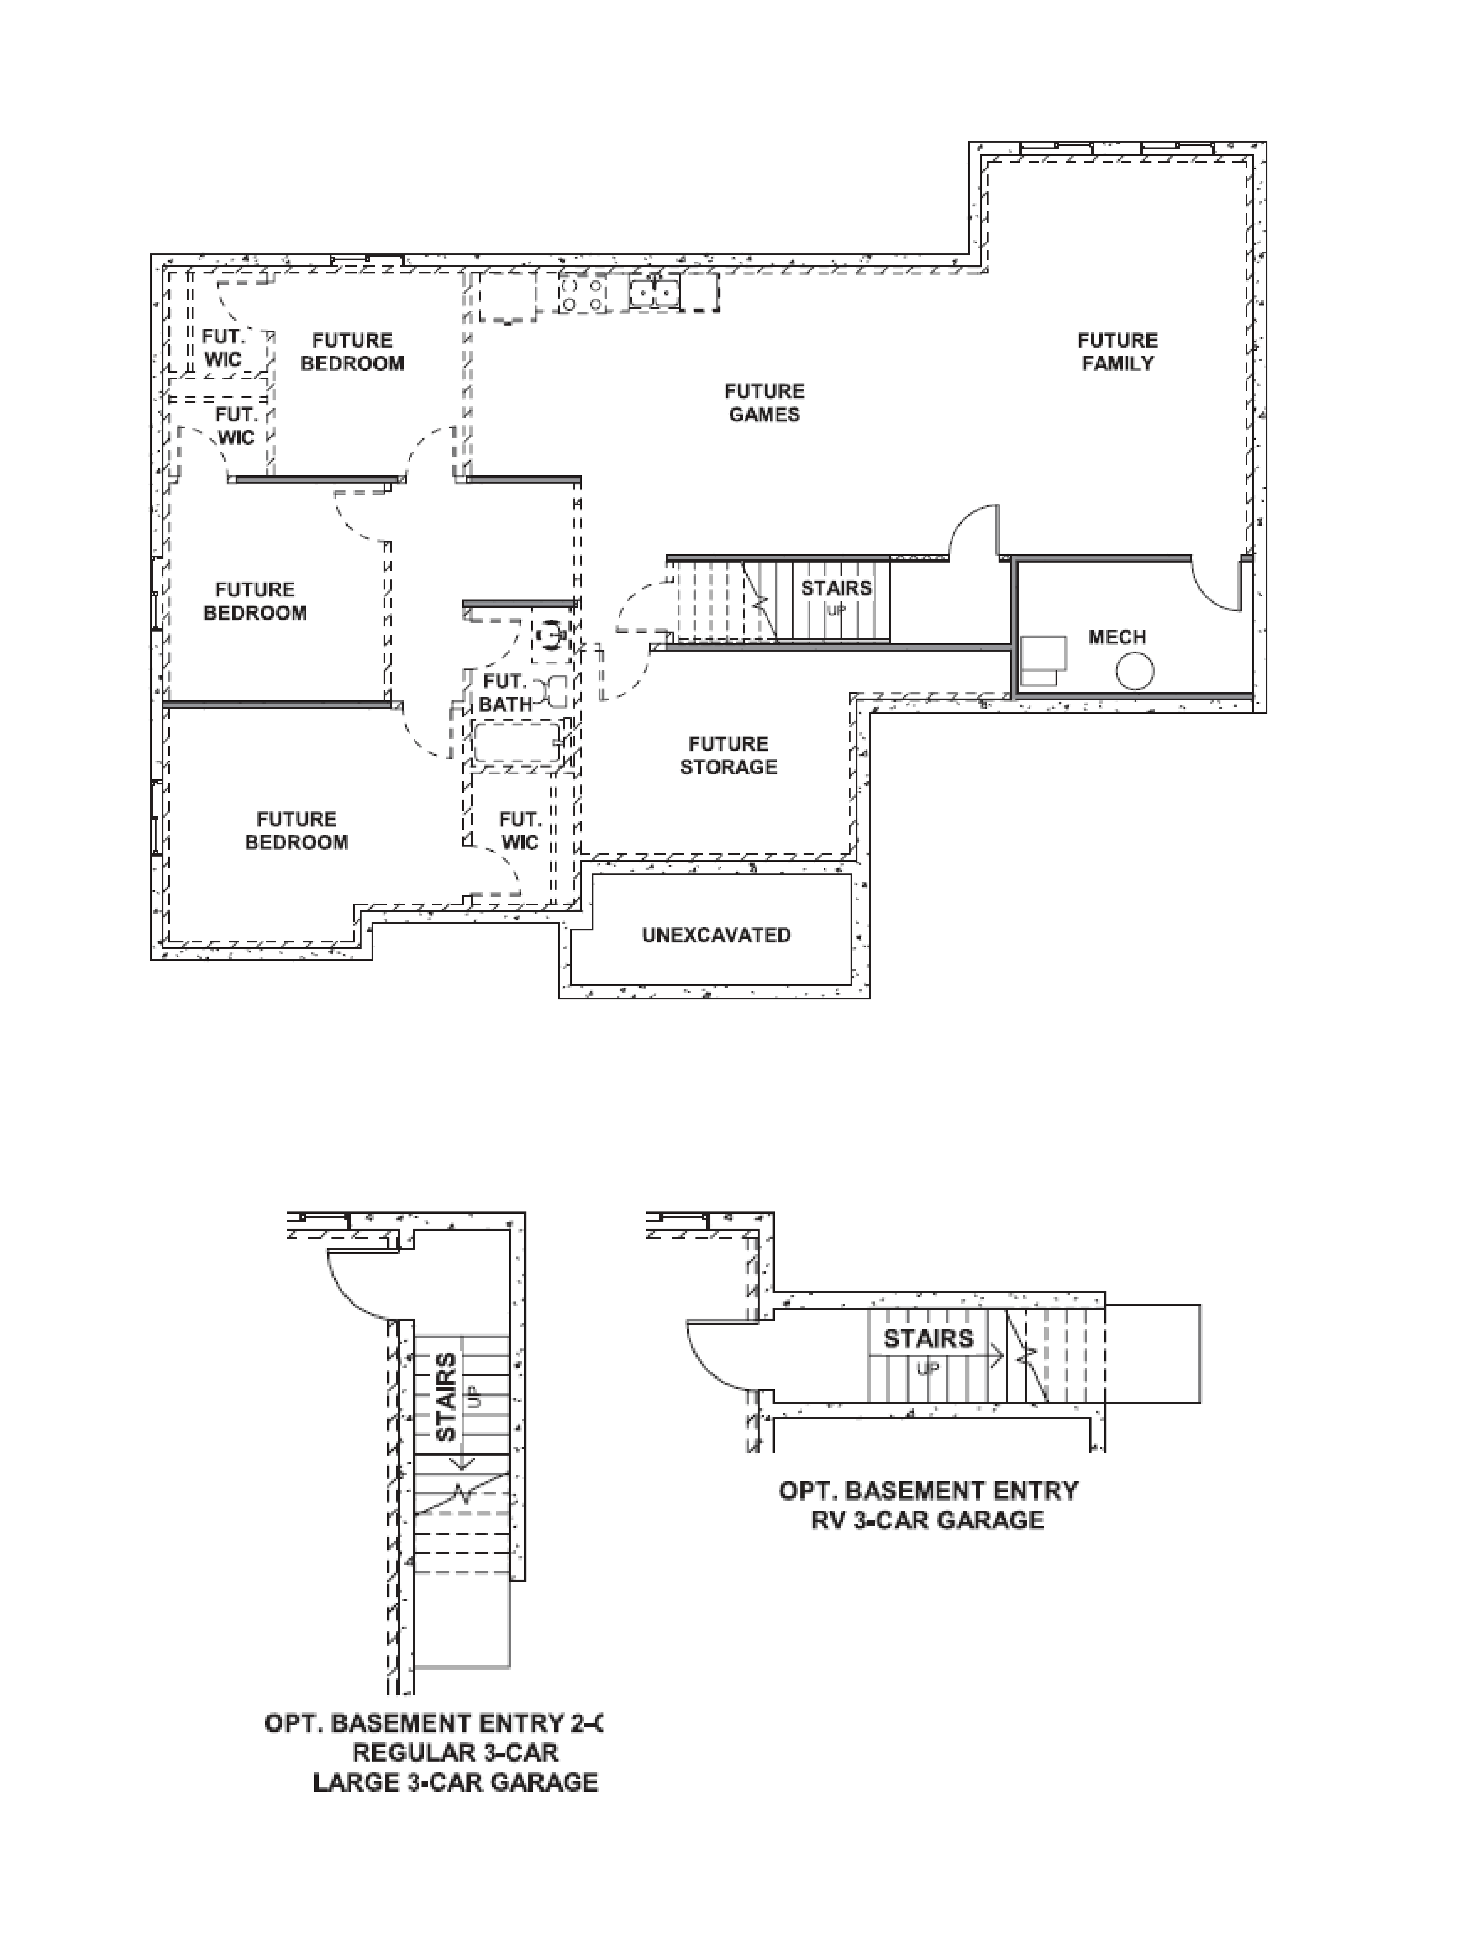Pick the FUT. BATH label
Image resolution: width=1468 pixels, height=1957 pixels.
[x=505, y=693]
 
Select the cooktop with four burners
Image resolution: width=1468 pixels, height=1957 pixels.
[x=582, y=294]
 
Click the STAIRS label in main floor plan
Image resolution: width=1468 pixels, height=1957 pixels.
[x=836, y=588]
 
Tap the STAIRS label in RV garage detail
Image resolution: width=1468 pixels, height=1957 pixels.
[x=928, y=1339]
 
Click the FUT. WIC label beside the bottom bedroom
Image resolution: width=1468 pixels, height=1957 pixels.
[x=520, y=831]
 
